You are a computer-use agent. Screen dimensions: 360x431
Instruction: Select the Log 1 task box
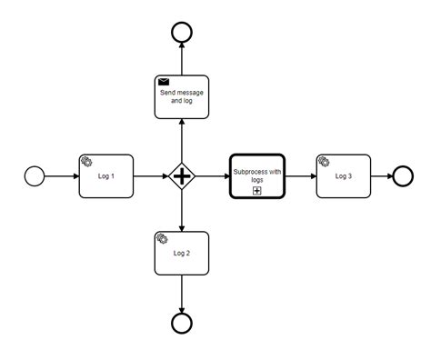[106, 176]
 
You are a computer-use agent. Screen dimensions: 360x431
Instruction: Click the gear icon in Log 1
[86, 162]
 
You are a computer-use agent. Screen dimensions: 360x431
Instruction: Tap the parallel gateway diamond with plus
[182, 176]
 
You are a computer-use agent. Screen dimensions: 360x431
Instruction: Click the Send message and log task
[182, 96]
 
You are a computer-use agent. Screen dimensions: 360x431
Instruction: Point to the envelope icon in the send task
[163, 83]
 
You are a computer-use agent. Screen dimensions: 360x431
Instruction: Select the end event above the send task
[182, 32]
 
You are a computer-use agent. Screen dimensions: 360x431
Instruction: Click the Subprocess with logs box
[257, 176]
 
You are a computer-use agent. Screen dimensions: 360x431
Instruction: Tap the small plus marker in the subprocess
[257, 190]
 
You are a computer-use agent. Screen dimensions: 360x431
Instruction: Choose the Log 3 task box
[344, 176]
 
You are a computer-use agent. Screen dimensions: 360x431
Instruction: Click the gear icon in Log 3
[325, 162]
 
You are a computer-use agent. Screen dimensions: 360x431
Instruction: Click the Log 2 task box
[182, 254]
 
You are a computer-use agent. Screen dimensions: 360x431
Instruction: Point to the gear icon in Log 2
[163, 239]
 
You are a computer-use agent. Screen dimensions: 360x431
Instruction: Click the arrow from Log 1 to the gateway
[150, 176]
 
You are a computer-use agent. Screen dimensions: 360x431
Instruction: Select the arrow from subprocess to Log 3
[300, 176]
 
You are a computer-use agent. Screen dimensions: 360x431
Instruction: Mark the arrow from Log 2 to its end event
[182, 293]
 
